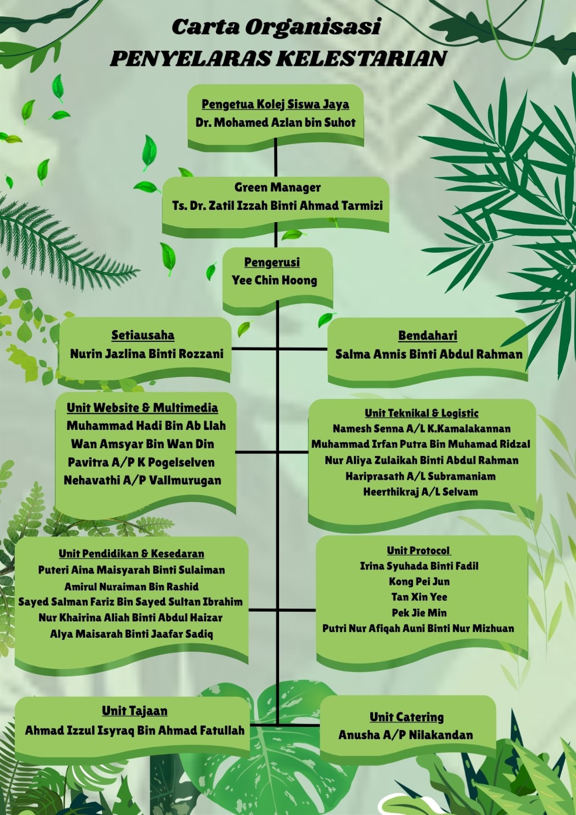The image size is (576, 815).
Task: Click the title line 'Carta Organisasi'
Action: tap(276, 27)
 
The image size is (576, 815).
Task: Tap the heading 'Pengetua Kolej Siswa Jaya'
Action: tap(275, 104)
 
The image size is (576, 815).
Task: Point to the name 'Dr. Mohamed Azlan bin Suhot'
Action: tap(275, 123)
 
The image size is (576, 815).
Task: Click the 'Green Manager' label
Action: tap(278, 187)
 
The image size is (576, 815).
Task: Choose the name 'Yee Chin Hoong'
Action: tap(275, 280)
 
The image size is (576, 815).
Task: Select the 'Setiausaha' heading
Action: tap(143, 335)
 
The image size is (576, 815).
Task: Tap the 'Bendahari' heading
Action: tap(427, 336)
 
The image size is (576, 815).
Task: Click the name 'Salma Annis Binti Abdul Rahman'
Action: tap(429, 354)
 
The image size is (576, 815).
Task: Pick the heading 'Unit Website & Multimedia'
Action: tap(142, 407)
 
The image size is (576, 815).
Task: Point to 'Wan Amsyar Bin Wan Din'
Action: tap(142, 444)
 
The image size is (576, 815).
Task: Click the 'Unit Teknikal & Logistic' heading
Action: tap(421, 413)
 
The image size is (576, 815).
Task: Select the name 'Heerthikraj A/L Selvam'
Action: tap(420, 492)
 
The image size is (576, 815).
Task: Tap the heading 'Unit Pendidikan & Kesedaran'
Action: tap(131, 554)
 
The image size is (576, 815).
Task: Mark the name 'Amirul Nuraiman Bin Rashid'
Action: tap(131, 586)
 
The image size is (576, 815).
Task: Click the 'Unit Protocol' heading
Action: tap(418, 551)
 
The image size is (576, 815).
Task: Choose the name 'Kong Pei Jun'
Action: tap(419, 582)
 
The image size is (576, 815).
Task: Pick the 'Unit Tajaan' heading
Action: tap(134, 711)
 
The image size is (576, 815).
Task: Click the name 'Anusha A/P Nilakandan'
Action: tap(405, 735)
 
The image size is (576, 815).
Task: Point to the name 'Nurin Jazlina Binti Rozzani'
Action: tap(147, 354)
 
